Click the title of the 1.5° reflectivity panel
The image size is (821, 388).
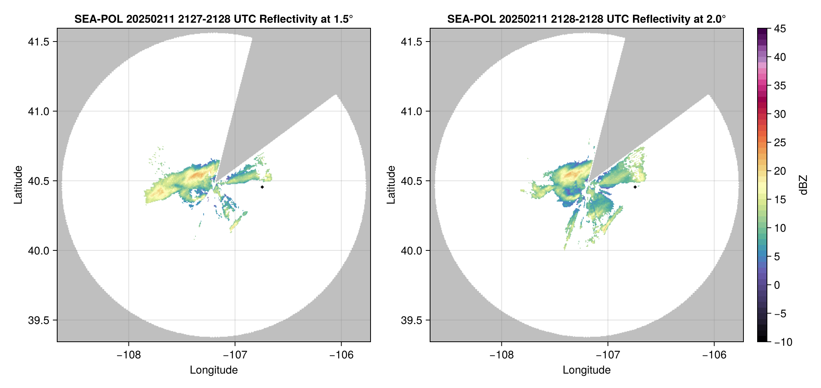pyautogui.click(x=213, y=19)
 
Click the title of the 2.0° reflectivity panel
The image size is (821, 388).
pyautogui.click(x=586, y=19)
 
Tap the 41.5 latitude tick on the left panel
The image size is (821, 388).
pyautogui.click(x=38, y=42)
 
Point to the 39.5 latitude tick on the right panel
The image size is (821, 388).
pyautogui.click(x=411, y=320)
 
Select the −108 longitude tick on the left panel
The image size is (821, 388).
pyautogui.click(x=128, y=355)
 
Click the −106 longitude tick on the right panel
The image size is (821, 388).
pyautogui.click(x=714, y=355)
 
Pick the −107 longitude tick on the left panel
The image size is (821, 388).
pyautogui.click(x=235, y=355)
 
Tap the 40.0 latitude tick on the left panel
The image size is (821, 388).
pyautogui.click(x=38, y=251)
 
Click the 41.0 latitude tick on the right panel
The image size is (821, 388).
pyautogui.click(x=411, y=112)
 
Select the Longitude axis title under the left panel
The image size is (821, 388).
pyautogui.click(x=213, y=370)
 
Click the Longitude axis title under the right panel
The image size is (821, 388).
pyautogui.click(x=586, y=370)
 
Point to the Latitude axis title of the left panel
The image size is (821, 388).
pyautogui.click(x=18, y=185)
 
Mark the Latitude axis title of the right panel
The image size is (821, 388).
pyautogui.click(x=391, y=185)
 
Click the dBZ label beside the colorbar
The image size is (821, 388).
pyautogui.click(x=803, y=185)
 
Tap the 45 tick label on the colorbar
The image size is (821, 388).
pyautogui.click(x=780, y=29)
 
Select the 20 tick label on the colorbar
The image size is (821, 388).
pyautogui.click(x=780, y=171)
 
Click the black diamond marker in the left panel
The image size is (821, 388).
pyautogui.click(x=262, y=187)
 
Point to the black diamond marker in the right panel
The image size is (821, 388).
pyautogui.click(x=635, y=187)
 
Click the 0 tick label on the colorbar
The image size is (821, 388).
pyautogui.click(x=777, y=285)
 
